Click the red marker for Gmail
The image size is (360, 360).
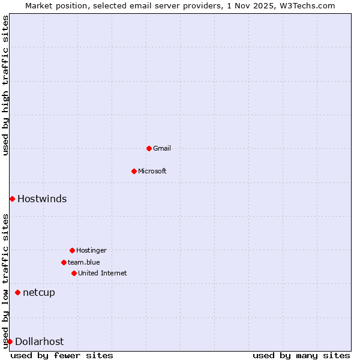click(x=149, y=148)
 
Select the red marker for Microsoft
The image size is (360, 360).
click(x=134, y=171)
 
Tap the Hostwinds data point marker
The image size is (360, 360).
click(x=12, y=199)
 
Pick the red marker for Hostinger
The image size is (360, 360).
click(x=72, y=250)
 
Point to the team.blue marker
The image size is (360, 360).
click(x=64, y=262)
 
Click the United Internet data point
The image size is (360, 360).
click(x=74, y=273)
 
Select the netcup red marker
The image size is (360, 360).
click(x=17, y=292)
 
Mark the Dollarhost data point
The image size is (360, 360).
click(x=10, y=341)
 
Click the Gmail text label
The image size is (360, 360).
click(x=162, y=148)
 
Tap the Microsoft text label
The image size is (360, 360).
click(x=152, y=171)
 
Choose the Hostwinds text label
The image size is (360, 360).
click(x=42, y=199)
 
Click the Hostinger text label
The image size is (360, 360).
click(x=91, y=250)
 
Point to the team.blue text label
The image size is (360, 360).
click(x=84, y=262)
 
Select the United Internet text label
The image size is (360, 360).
click(x=103, y=273)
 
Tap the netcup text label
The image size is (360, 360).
click(x=39, y=292)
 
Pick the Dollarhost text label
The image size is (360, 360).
click(x=39, y=341)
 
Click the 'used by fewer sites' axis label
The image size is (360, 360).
click(x=62, y=355)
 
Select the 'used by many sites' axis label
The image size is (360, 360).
click(x=301, y=355)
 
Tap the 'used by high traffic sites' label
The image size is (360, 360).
click(x=5, y=85)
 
